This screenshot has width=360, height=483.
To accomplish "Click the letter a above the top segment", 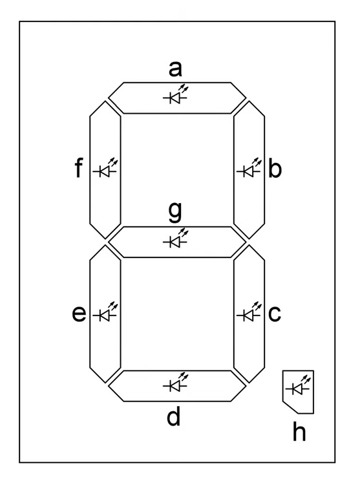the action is [x=175, y=69].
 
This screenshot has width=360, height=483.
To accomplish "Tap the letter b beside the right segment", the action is [x=275, y=168].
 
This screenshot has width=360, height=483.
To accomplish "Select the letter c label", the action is [x=275, y=314].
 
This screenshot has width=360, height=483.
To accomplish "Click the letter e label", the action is [x=79, y=314].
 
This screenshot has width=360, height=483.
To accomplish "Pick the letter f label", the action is [x=79, y=168].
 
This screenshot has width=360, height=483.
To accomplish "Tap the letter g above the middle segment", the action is [x=175, y=213].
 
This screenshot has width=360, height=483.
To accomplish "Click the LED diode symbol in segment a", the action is [x=175, y=94].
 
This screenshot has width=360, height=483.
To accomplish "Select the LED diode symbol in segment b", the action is [x=249, y=167].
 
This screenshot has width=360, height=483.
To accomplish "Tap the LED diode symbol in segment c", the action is [x=249, y=312].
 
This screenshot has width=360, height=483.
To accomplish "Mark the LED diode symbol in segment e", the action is [x=105, y=312].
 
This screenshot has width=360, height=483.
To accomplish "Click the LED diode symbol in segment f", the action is [x=105, y=167].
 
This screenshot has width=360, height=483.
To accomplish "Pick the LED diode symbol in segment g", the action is [x=175, y=238].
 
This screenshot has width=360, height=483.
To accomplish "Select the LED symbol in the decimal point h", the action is [x=298, y=385].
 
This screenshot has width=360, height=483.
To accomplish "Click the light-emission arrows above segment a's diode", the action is [x=184, y=89].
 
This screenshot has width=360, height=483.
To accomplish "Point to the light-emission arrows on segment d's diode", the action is [x=184, y=377].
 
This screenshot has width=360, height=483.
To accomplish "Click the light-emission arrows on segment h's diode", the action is [x=306, y=380].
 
